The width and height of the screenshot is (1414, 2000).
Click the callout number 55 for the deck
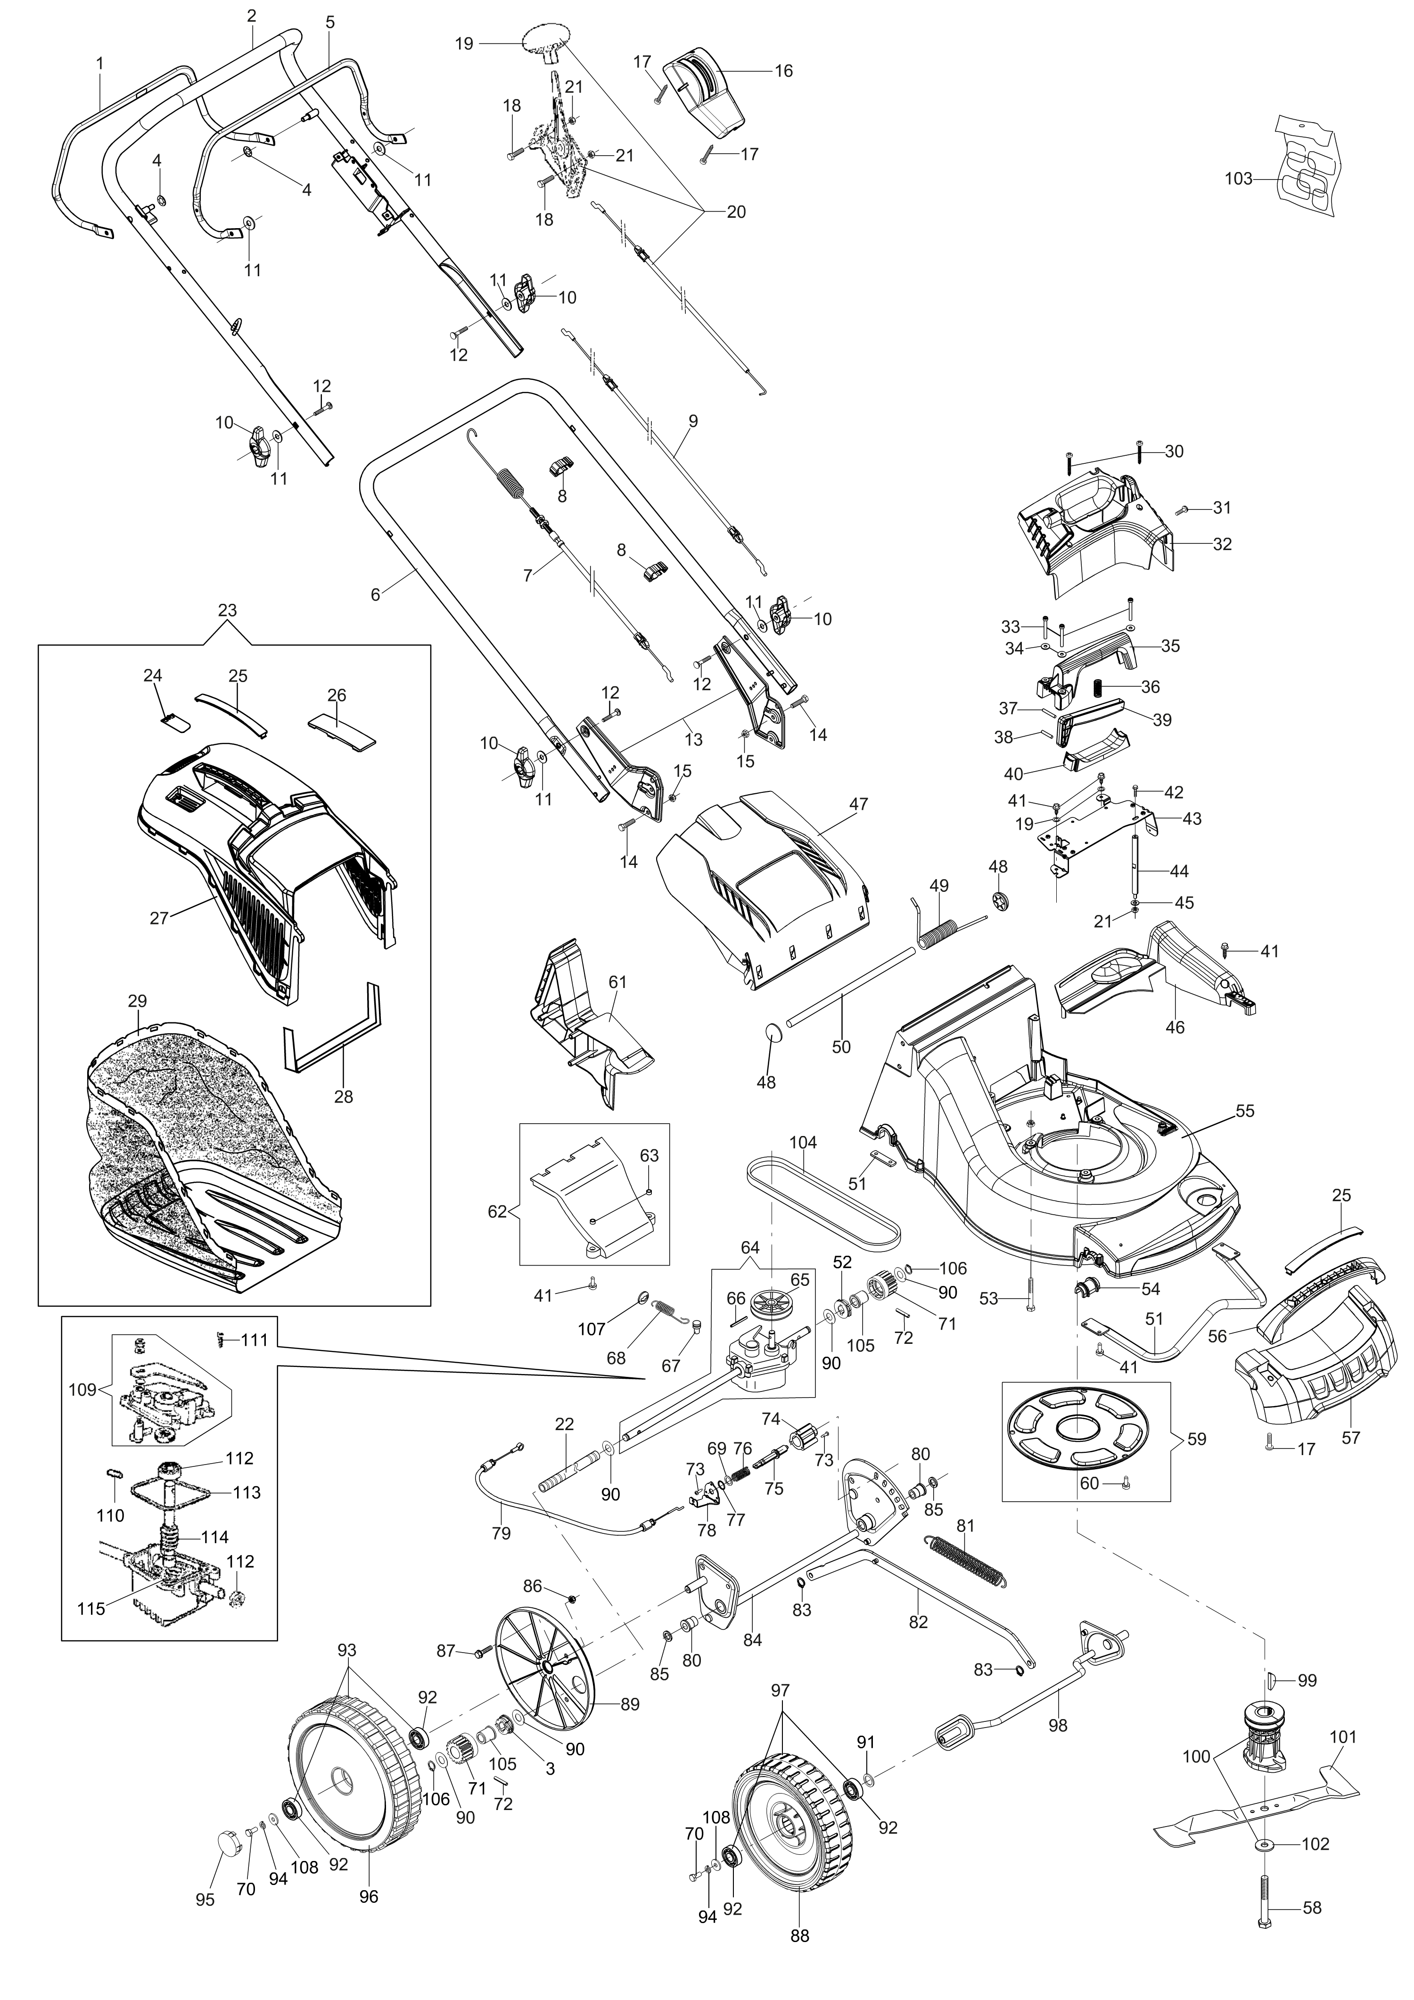(x=1245, y=1111)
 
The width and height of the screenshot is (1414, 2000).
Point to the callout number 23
(x=227, y=610)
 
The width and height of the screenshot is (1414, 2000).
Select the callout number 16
(x=783, y=72)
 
